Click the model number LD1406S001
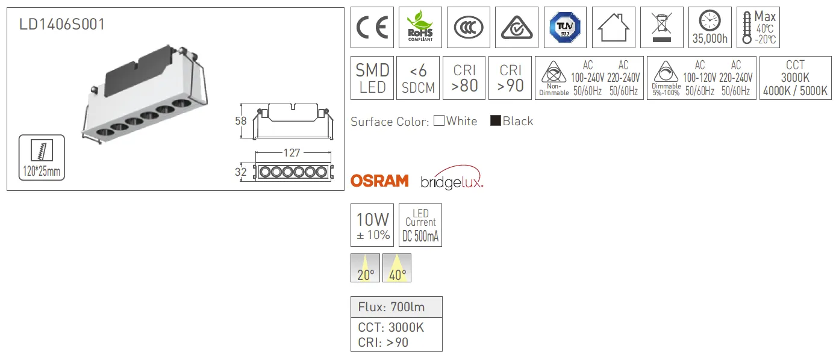(x=62, y=24)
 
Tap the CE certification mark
(x=372, y=27)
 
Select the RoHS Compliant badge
(x=420, y=27)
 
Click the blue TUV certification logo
(x=565, y=27)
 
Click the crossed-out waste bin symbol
(x=662, y=27)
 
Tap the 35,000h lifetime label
(x=710, y=38)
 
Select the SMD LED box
(x=372, y=78)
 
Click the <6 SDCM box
(x=418, y=78)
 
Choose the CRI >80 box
(x=464, y=78)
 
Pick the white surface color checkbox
(x=439, y=120)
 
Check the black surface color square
(x=496, y=120)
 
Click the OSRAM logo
(x=379, y=181)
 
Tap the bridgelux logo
(x=452, y=178)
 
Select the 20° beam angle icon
(x=365, y=268)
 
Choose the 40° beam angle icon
(x=397, y=268)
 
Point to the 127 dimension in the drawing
(x=292, y=153)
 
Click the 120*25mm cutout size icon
(x=42, y=158)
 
